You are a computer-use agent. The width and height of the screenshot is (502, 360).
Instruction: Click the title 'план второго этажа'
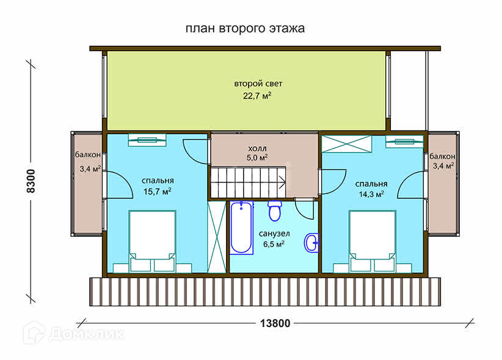245,29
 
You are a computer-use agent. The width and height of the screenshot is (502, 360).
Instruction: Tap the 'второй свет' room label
258,84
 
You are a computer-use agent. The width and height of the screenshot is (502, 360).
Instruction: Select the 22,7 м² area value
257,96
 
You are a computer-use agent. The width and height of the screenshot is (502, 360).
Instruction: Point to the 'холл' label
257,148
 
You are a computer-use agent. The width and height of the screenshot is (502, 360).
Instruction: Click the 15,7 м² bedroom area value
157,192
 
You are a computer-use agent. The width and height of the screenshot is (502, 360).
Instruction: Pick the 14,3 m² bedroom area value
371,194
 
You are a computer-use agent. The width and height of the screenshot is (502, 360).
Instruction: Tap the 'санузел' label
274,234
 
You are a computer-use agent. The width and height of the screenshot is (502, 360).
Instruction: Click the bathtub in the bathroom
241,228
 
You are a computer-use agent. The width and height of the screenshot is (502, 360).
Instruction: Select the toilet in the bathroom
275,211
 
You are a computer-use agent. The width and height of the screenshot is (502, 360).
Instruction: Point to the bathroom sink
311,243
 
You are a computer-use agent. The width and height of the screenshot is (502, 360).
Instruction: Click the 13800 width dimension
275,323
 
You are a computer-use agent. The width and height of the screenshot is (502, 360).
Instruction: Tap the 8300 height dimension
31,181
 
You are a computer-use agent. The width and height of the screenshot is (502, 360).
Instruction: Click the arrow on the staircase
282,182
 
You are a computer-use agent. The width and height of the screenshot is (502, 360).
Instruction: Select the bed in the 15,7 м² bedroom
153,242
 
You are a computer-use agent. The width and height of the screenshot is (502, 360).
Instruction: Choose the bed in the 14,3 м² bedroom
373,242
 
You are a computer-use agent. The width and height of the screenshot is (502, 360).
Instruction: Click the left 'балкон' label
88,155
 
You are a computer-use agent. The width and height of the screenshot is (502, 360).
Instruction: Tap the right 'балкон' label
442,156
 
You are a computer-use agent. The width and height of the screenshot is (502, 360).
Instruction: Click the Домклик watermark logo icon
34,333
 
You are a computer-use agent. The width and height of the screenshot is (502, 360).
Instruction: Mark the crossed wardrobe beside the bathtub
217,237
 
